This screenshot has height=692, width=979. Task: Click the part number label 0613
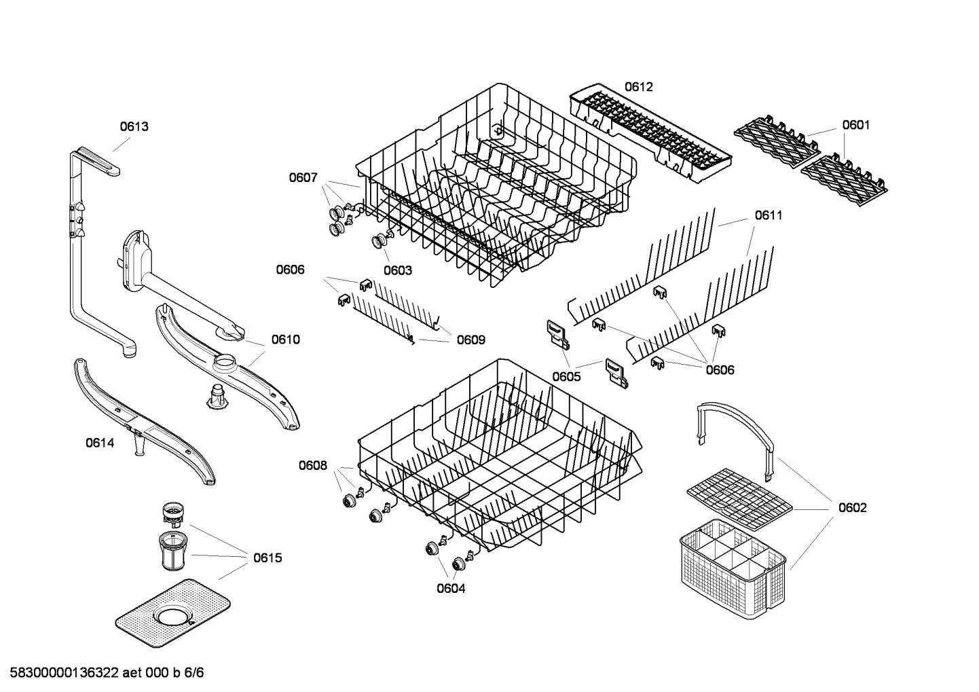(x=134, y=126)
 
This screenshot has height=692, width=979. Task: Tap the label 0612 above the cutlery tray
(x=638, y=87)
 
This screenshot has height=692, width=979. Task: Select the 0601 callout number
(x=855, y=125)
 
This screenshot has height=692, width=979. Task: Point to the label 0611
(x=769, y=215)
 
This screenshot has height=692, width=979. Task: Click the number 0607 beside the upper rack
(x=303, y=178)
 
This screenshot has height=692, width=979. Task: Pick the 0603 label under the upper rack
(x=397, y=270)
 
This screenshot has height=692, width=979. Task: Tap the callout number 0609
(x=470, y=340)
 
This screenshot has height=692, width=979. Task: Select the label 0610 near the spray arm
(x=285, y=340)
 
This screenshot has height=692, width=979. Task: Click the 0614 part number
(x=100, y=443)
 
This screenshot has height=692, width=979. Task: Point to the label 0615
(x=267, y=558)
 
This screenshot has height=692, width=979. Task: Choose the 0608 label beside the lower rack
(x=312, y=465)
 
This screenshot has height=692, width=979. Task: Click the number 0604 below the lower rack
(x=451, y=588)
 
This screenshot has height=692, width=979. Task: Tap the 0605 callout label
(x=566, y=376)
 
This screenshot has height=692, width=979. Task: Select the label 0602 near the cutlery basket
(x=852, y=508)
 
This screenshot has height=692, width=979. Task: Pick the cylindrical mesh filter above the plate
(x=173, y=550)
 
